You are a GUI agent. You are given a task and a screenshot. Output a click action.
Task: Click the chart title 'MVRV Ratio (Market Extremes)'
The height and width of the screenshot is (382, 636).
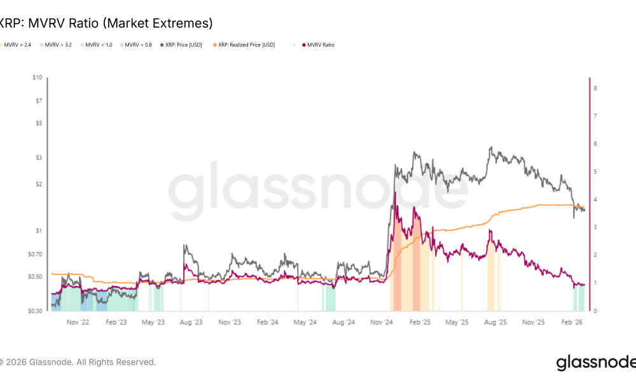(106, 24)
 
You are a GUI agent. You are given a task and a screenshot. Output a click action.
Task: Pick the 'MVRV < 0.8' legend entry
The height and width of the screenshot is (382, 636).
(139, 45)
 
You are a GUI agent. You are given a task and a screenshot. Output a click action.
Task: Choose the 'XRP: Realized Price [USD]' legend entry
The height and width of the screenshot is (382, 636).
(247, 45)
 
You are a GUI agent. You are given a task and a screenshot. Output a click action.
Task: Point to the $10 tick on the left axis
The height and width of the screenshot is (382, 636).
(37, 78)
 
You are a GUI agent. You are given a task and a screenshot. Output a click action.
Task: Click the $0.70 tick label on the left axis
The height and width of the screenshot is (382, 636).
(34, 254)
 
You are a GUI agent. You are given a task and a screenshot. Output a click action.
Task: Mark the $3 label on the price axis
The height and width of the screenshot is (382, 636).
(39, 157)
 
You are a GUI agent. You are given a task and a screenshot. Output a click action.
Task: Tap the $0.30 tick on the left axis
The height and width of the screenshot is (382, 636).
(34, 311)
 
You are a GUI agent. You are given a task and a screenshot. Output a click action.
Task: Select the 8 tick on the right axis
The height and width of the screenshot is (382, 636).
(595, 88)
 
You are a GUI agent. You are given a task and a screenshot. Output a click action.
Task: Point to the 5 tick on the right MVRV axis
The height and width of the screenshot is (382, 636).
(595, 171)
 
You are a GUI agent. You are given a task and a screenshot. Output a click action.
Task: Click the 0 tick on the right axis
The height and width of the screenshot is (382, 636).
(595, 311)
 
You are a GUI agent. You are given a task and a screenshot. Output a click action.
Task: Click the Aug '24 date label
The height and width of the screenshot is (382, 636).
(343, 323)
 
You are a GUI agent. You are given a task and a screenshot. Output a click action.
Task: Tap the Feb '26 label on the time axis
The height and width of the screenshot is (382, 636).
(573, 323)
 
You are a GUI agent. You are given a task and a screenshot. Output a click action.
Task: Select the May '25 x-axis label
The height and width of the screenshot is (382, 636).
(457, 323)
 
